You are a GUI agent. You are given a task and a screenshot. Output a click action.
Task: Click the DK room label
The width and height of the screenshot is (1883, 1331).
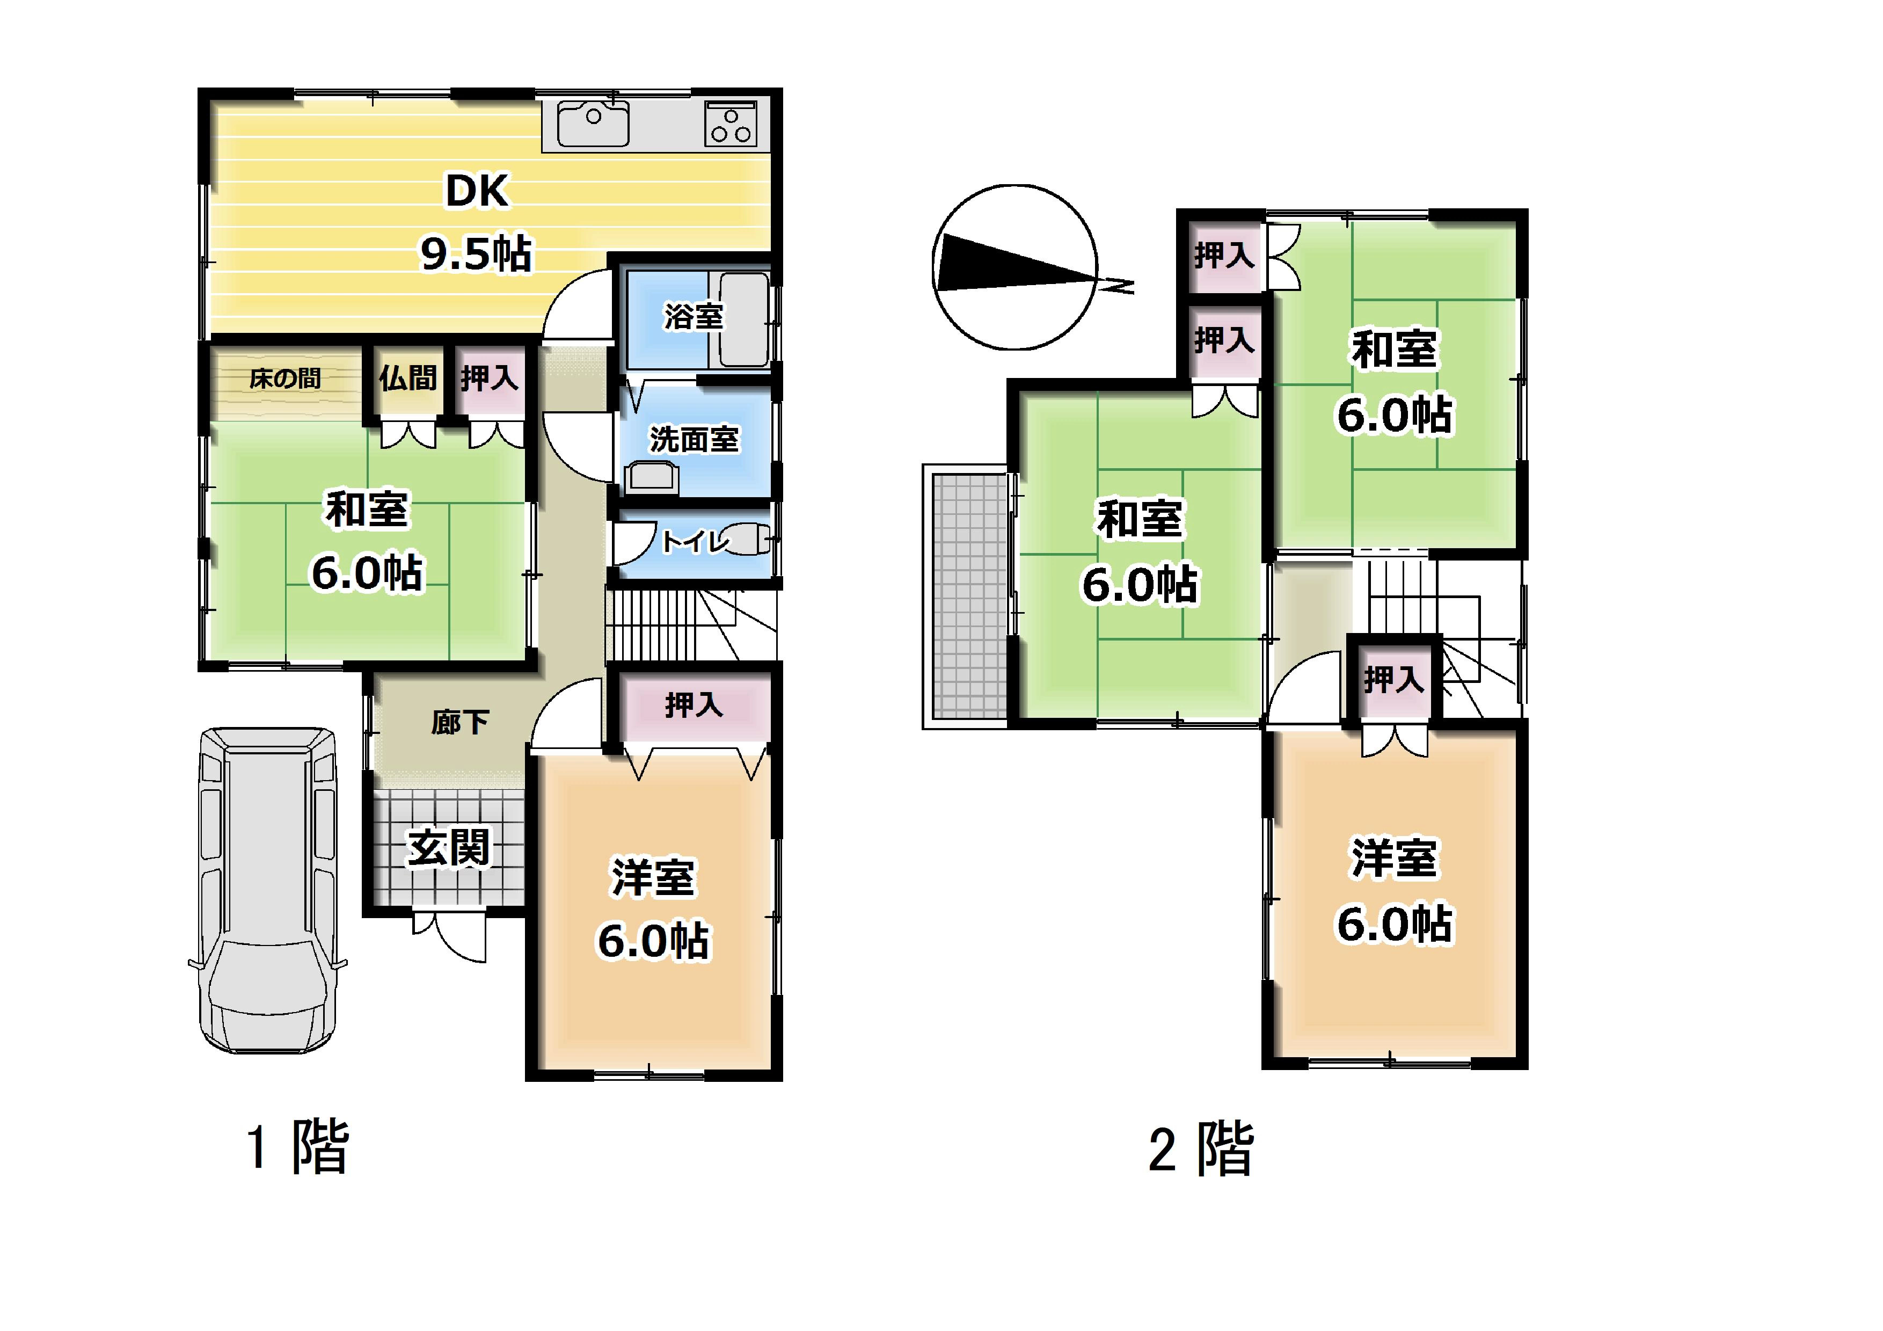point(477,191)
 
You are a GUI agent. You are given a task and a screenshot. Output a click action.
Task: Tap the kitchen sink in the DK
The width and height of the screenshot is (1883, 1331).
point(593,124)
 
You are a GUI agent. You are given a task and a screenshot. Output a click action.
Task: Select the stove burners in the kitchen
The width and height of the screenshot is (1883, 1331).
point(731,125)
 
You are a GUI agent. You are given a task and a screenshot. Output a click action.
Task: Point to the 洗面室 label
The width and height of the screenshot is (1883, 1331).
point(694,440)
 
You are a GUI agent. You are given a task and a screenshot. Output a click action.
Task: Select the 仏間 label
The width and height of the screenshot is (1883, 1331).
point(407,378)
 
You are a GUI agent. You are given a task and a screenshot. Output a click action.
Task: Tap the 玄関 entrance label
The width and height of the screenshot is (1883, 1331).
point(449,847)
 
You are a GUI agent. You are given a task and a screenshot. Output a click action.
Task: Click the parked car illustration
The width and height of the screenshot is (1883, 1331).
point(268,890)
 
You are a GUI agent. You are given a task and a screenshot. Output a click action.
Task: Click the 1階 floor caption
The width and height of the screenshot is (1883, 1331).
point(298,1146)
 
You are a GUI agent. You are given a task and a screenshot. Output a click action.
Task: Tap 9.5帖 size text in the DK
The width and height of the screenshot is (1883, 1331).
point(477,254)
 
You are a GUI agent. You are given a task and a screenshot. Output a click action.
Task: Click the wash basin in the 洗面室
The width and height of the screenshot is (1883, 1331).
point(652,476)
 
